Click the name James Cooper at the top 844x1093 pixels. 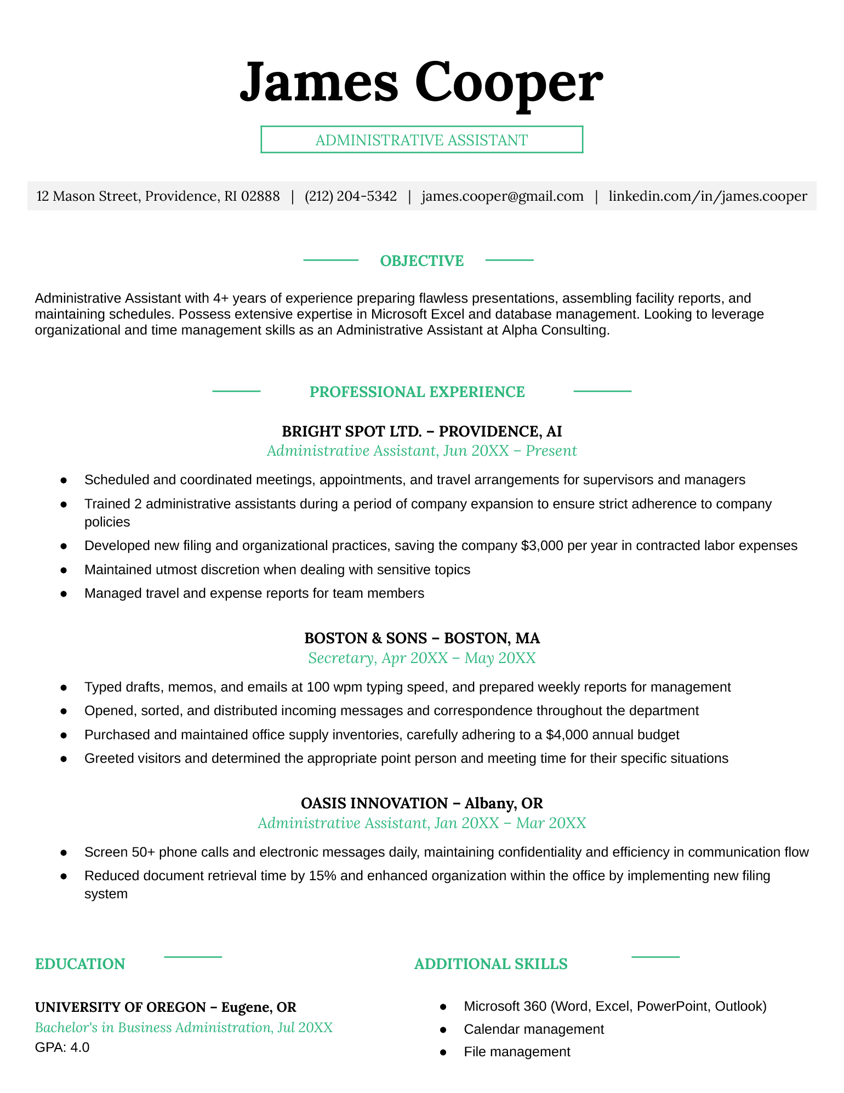[421, 82]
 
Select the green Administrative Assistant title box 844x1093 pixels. [421, 140]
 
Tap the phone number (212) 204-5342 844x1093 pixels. [351, 196]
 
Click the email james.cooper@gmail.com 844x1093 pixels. [503, 196]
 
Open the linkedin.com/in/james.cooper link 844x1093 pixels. [708, 196]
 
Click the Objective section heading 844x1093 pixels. [421, 261]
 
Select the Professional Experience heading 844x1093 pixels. [417, 392]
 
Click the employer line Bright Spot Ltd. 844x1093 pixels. [421, 432]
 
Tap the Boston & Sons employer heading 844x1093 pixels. [421, 638]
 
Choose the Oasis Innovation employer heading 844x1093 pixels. [421, 803]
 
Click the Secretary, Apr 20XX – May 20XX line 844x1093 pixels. [421, 658]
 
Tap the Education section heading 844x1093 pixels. [80, 964]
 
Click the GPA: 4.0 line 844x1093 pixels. [62, 1047]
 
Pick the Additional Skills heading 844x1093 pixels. [491, 964]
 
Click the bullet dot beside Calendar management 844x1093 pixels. [443, 1030]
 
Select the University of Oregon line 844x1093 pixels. [166, 1007]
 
